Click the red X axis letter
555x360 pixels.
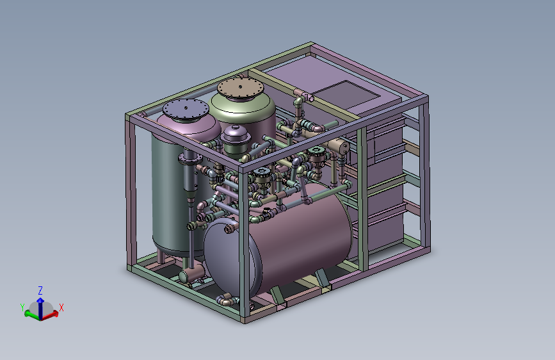61,307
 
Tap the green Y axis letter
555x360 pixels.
22,307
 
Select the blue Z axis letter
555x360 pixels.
40,291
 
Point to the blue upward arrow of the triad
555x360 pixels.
40,307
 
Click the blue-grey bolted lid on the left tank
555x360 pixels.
186,109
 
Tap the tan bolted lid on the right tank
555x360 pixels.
240,88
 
